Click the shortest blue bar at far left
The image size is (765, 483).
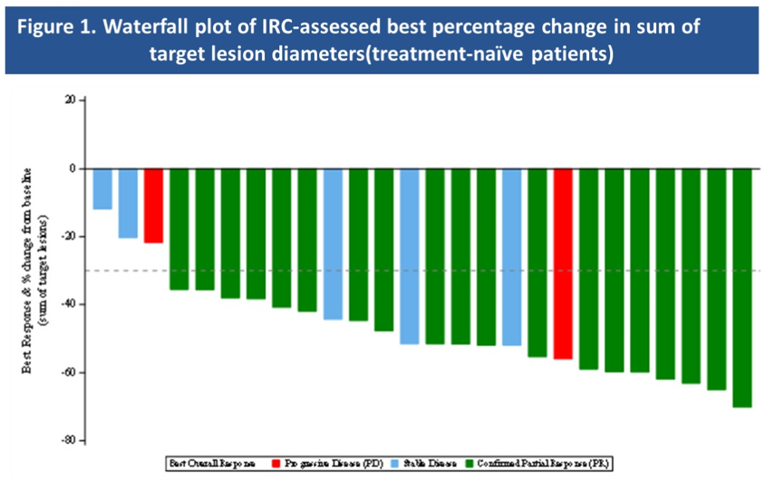coord(102,188)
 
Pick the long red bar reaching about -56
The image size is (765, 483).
coord(563,264)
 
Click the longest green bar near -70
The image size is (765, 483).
coord(742,287)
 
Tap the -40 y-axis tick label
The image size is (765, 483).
coord(68,304)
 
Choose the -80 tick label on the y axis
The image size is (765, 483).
coord(68,441)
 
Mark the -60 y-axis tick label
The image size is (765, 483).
coord(68,372)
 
